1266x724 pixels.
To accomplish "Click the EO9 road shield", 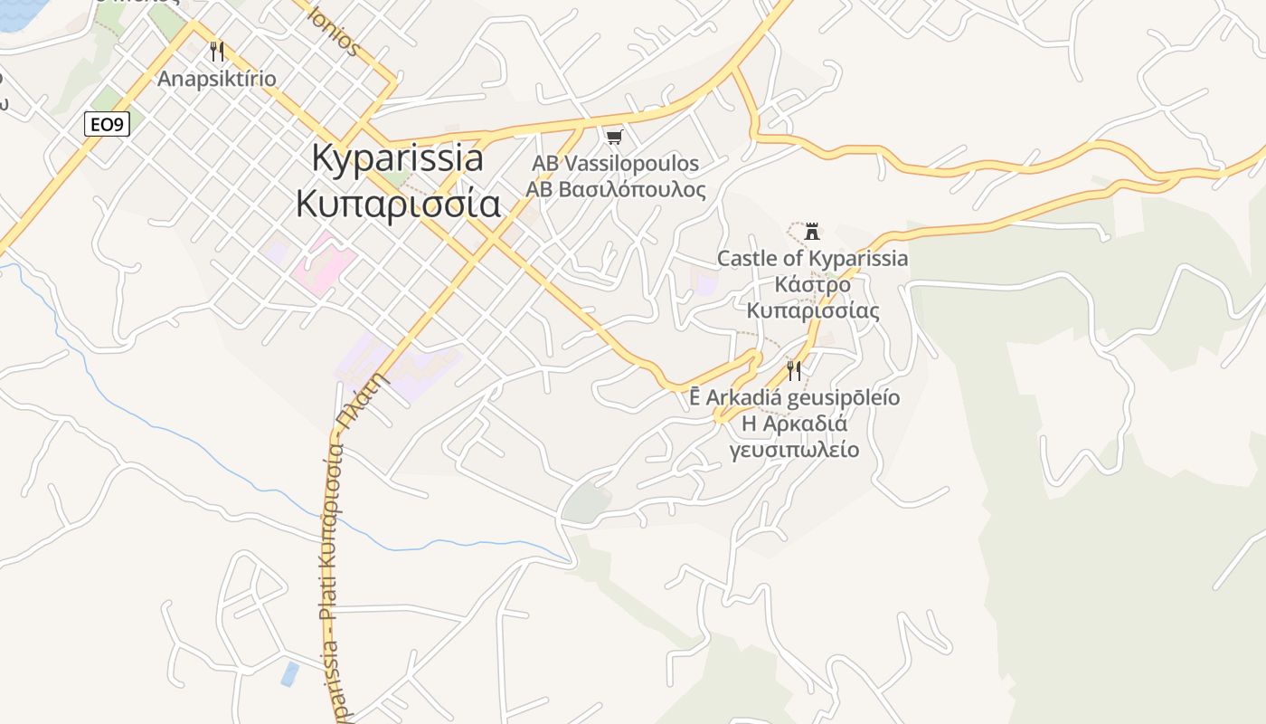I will click(x=107, y=124).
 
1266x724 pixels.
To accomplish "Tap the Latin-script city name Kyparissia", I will click(x=397, y=157).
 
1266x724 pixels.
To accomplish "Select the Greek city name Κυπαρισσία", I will click(x=397, y=204).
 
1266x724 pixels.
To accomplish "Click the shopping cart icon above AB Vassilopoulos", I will click(x=615, y=137).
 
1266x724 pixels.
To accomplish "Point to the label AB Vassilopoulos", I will click(x=615, y=164).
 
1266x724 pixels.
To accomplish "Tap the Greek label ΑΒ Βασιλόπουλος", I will click(x=615, y=190).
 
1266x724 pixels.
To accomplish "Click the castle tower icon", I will click(x=812, y=231).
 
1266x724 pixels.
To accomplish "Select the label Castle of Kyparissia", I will click(x=812, y=259).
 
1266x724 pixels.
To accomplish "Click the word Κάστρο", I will click(x=812, y=285).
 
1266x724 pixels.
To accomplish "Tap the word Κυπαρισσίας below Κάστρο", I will click(x=812, y=311).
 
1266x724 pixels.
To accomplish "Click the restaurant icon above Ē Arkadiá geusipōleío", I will click(x=793, y=369).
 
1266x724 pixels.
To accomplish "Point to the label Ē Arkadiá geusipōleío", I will click(x=794, y=397).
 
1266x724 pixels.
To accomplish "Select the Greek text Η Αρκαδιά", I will click(x=794, y=424).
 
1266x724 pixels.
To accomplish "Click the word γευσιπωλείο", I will click(x=794, y=450).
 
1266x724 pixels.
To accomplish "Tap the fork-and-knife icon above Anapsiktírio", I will click(x=216, y=52).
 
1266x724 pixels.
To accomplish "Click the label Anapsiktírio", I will click(x=216, y=79).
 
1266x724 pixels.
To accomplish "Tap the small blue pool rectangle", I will click(x=289, y=673).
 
